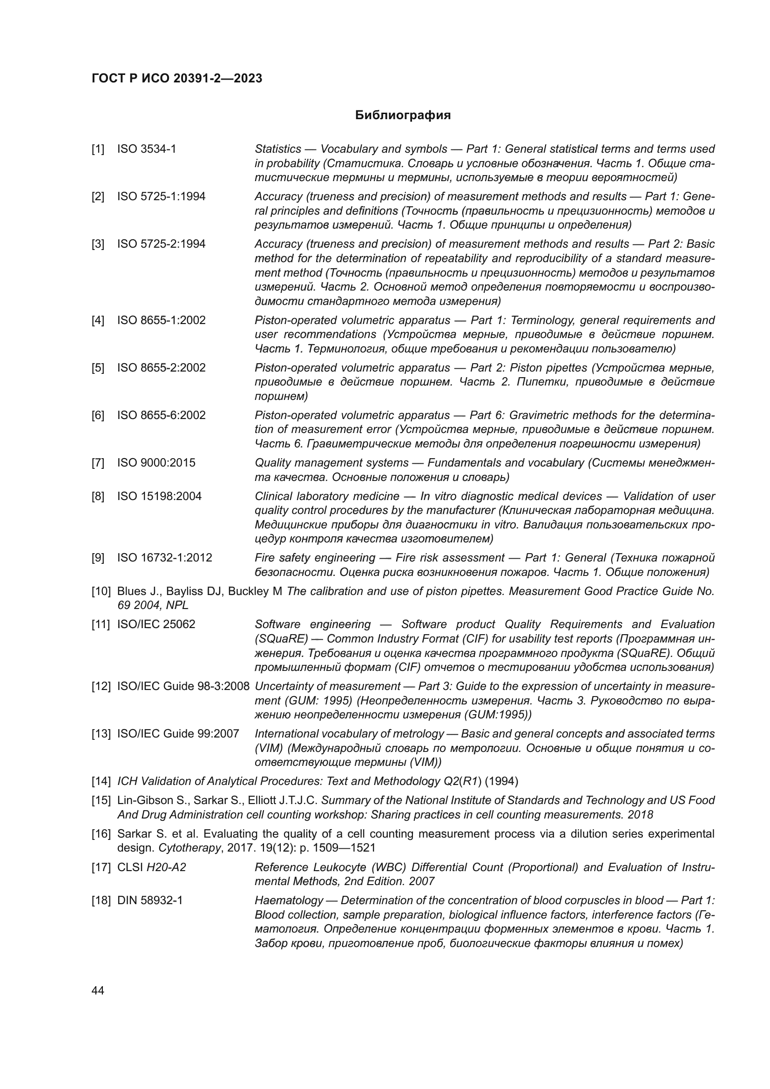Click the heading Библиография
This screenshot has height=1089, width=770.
pos(403,115)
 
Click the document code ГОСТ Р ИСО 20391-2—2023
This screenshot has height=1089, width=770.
pos(177,79)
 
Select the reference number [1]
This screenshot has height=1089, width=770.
pos(98,149)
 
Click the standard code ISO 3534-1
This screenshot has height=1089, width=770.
pos(147,149)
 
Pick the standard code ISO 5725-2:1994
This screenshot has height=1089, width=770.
pos(161,244)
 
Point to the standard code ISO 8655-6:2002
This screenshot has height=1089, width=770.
pos(161,415)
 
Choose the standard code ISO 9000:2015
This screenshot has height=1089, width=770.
pos(156,463)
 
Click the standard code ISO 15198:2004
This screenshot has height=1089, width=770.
pos(159,497)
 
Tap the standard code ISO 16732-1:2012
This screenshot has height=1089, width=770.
pos(164,558)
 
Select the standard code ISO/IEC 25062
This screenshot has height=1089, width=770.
pos(156,625)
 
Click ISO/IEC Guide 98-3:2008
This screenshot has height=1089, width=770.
pos(183,686)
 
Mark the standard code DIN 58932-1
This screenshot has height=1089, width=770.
pos(150,900)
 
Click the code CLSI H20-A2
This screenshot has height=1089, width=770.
pos(152,867)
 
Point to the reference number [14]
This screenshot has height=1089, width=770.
pos(101,781)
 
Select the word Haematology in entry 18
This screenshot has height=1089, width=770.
pos(289,900)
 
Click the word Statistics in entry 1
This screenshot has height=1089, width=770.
pos(278,149)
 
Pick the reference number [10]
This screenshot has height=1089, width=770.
pos(101,591)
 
